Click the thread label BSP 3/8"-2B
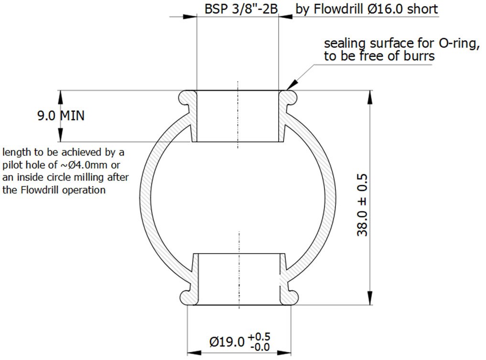click(x=241, y=9)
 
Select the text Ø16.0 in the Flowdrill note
click(x=386, y=9)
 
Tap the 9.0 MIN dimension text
click(x=61, y=116)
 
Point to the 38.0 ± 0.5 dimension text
click(x=362, y=205)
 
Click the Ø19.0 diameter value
click(x=227, y=342)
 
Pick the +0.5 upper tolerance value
click(x=259, y=337)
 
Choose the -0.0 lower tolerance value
click(x=260, y=347)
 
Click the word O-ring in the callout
click(x=457, y=43)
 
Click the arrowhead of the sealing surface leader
click(x=292, y=85)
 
